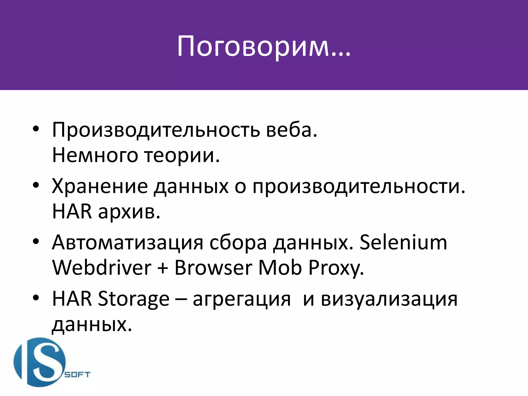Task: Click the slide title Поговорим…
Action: pyautogui.click(x=263, y=46)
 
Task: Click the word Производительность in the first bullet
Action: pyautogui.click(x=156, y=130)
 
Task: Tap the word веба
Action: pyautogui.click(x=291, y=130)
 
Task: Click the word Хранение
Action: pyautogui.click(x=100, y=186)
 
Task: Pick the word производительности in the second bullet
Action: pyautogui.click(x=359, y=186)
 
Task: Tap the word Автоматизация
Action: pyautogui.click(x=127, y=243)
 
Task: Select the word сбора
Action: pyautogui.click(x=238, y=243)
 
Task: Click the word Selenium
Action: pyautogui.click(x=403, y=243)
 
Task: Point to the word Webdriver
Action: pyautogui.click(x=102, y=268)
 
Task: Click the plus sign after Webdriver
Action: pyautogui.click(x=163, y=268)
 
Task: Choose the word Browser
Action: pyautogui.click(x=213, y=268)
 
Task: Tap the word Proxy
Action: pyautogui.click(x=336, y=268)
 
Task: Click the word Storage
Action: pyautogui.click(x=134, y=299)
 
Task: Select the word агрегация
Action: pyautogui.click(x=242, y=299)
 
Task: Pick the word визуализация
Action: pyautogui.click(x=389, y=299)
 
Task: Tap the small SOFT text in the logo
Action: pyautogui.click(x=77, y=375)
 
